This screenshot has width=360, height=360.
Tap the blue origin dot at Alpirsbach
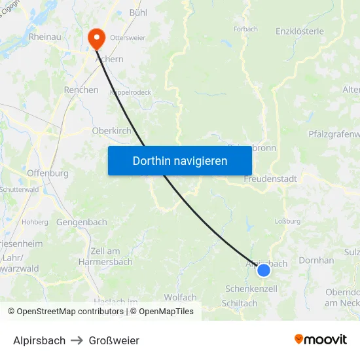coord(264,270)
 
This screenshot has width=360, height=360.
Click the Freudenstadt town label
coord(270,179)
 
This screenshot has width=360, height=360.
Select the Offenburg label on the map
coord(48,173)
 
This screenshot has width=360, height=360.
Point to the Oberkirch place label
coord(111,130)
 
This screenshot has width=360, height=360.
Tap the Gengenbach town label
coord(82,222)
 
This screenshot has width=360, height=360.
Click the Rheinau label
coord(45,37)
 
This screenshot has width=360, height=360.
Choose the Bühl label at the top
coord(138,12)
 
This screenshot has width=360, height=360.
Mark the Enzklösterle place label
coord(300,31)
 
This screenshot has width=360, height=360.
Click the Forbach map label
coord(245,29)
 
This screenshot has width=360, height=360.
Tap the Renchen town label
coord(81,90)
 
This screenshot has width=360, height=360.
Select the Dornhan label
coord(316,260)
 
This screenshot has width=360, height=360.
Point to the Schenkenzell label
coord(251,289)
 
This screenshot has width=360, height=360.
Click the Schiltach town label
coord(240,303)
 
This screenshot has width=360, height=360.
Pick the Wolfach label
coord(180,297)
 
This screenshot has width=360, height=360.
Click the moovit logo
coord(321,339)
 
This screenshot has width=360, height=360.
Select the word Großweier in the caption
coord(115,340)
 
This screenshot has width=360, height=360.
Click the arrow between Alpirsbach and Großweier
coord(77,340)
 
